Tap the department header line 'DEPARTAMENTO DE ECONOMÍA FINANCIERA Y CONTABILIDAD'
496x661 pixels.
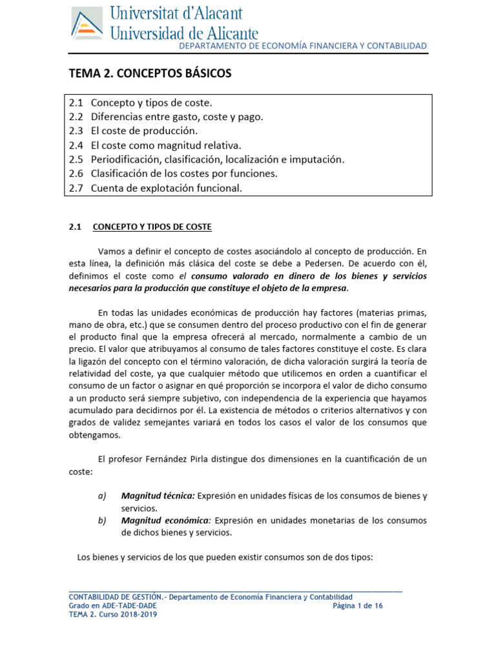click(x=302, y=46)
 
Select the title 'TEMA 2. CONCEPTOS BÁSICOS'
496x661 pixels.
click(x=150, y=74)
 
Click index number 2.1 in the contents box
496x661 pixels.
click(x=76, y=103)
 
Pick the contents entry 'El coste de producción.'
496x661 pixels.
click(x=144, y=131)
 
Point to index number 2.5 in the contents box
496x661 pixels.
click(x=76, y=159)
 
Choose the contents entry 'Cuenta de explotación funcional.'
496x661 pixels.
click(x=166, y=188)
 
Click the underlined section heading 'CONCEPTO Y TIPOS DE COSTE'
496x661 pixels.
click(x=152, y=227)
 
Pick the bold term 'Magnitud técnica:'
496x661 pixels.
click(x=157, y=496)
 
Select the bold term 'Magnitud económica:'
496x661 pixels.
click(x=166, y=520)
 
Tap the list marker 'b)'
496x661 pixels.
click(x=101, y=520)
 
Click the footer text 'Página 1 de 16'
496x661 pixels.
click(x=358, y=605)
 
